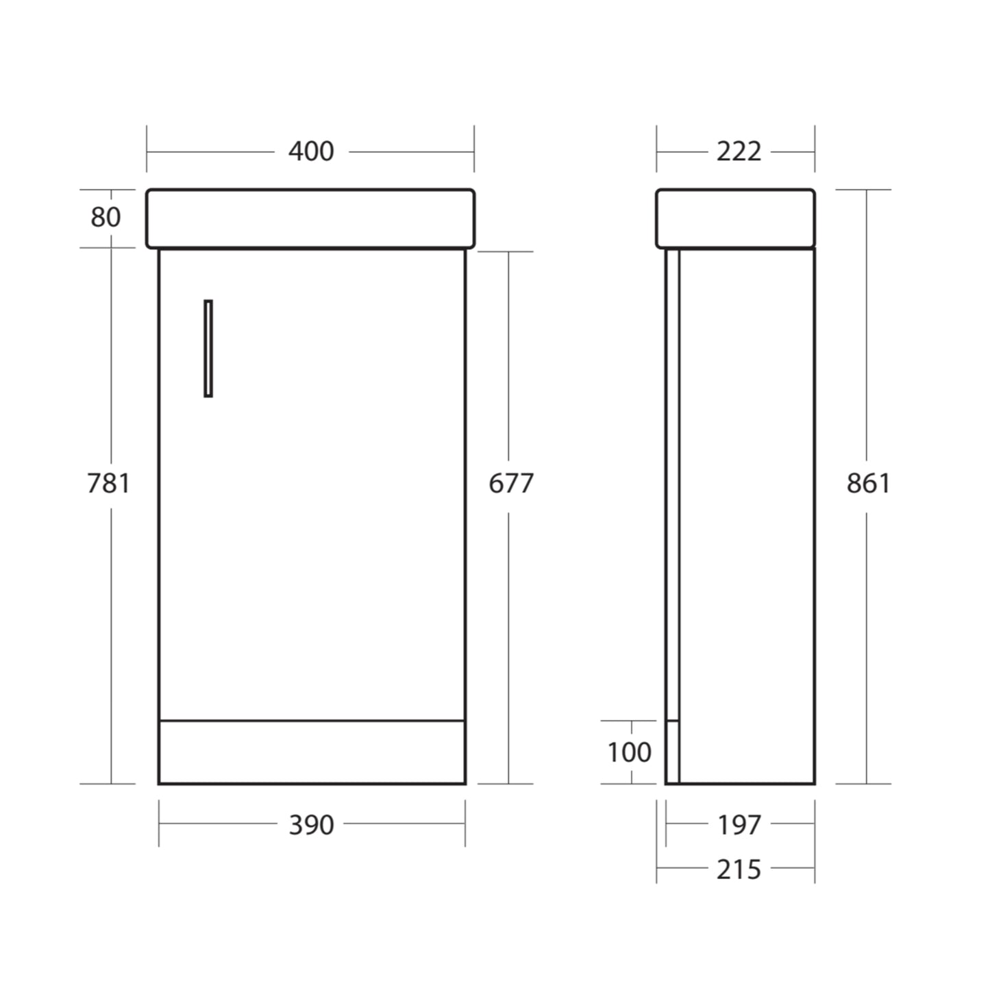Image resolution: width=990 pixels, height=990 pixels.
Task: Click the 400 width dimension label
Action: pyautogui.click(x=311, y=151)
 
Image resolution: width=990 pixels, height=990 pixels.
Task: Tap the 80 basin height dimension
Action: pyautogui.click(x=106, y=217)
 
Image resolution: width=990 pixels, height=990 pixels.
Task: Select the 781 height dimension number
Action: pyautogui.click(x=108, y=483)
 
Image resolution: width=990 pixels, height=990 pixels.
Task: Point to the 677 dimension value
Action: pyautogui.click(x=510, y=484)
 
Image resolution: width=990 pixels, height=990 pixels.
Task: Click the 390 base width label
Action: pyautogui.click(x=311, y=825)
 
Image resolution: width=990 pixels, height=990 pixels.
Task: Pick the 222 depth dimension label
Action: pyautogui.click(x=739, y=151)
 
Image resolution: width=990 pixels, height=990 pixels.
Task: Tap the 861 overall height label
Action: pyautogui.click(x=868, y=483)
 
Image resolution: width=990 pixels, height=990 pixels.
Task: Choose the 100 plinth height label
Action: pyautogui.click(x=629, y=752)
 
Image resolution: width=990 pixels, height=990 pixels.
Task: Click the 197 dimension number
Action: pyautogui.click(x=739, y=825)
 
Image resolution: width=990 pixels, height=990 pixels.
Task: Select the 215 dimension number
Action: pyautogui.click(x=739, y=869)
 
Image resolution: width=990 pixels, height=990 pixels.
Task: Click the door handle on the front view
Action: pyautogui.click(x=208, y=348)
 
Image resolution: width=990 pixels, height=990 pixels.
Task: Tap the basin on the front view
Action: pyautogui.click(x=310, y=218)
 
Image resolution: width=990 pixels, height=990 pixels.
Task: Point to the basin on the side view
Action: pyautogui.click(x=735, y=218)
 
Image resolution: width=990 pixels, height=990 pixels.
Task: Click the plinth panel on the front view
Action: pyautogui.click(x=312, y=752)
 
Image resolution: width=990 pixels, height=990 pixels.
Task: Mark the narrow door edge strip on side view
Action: pyautogui.click(x=672, y=480)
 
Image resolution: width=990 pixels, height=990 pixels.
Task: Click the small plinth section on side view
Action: pyautogui.click(x=672, y=752)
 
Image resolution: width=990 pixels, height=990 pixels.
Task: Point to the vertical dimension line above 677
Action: pyautogui.click(x=508, y=356)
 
